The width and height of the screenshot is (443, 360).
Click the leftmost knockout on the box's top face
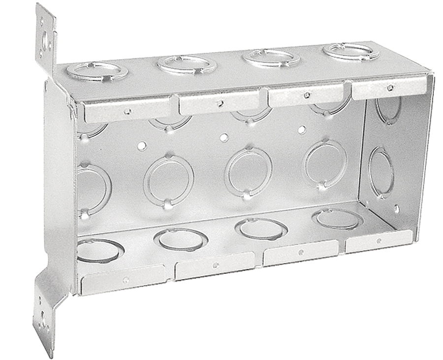pyautogui.click(x=97, y=71)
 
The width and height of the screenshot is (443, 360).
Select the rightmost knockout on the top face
pyautogui.click(x=351, y=51)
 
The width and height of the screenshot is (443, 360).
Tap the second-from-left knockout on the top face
pyautogui.click(x=187, y=64)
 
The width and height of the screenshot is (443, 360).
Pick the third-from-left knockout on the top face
pyautogui.click(x=271, y=58)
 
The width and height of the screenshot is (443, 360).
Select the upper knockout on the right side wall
pyautogui.click(x=388, y=110)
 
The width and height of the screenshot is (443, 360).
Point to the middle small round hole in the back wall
pyautogui.click(x=224, y=137)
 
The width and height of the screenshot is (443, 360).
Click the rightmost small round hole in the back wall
pyautogui.click(x=302, y=130)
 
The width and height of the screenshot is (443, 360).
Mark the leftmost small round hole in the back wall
pyautogui.click(x=142, y=146)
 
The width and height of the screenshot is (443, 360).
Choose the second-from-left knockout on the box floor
pyautogui.click(x=180, y=239)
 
